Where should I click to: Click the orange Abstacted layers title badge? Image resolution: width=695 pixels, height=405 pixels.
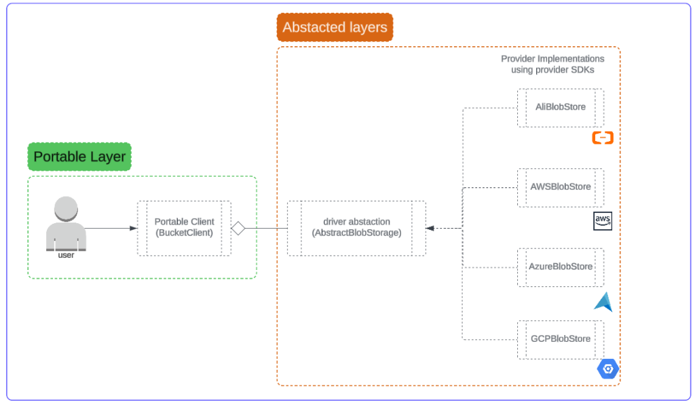tap(335, 28)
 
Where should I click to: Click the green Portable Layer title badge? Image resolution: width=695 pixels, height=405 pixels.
tap(79, 157)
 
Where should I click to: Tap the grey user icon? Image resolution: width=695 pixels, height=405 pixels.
tap(66, 221)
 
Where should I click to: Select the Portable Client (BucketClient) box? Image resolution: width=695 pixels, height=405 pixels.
tap(184, 228)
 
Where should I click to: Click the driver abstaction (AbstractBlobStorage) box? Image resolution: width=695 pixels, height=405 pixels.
tap(356, 228)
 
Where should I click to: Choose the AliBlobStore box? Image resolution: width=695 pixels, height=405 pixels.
tap(560, 107)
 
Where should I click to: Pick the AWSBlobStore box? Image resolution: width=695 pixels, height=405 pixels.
tap(560, 187)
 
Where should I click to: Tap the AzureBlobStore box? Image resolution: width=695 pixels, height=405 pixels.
tap(560, 267)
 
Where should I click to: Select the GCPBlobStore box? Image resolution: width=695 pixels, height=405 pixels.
tap(560, 339)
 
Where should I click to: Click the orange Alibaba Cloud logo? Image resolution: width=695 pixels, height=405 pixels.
tap(603, 138)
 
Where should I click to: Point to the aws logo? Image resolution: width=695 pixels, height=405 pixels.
tap(603, 220)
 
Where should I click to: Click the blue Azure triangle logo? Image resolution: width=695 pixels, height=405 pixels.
tap(603, 302)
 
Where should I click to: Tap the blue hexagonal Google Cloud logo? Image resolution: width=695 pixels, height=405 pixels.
tap(607, 369)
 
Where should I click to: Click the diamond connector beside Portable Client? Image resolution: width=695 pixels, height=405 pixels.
tap(238, 229)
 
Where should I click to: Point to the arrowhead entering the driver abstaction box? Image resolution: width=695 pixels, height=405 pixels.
tap(430, 229)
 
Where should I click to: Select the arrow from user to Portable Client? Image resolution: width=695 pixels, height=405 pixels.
tap(111, 229)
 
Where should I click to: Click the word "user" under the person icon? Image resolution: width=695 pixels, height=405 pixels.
tap(66, 255)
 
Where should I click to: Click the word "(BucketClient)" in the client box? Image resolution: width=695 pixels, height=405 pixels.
tap(184, 233)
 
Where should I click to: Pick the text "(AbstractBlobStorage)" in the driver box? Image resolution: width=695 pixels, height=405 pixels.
tap(356, 233)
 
